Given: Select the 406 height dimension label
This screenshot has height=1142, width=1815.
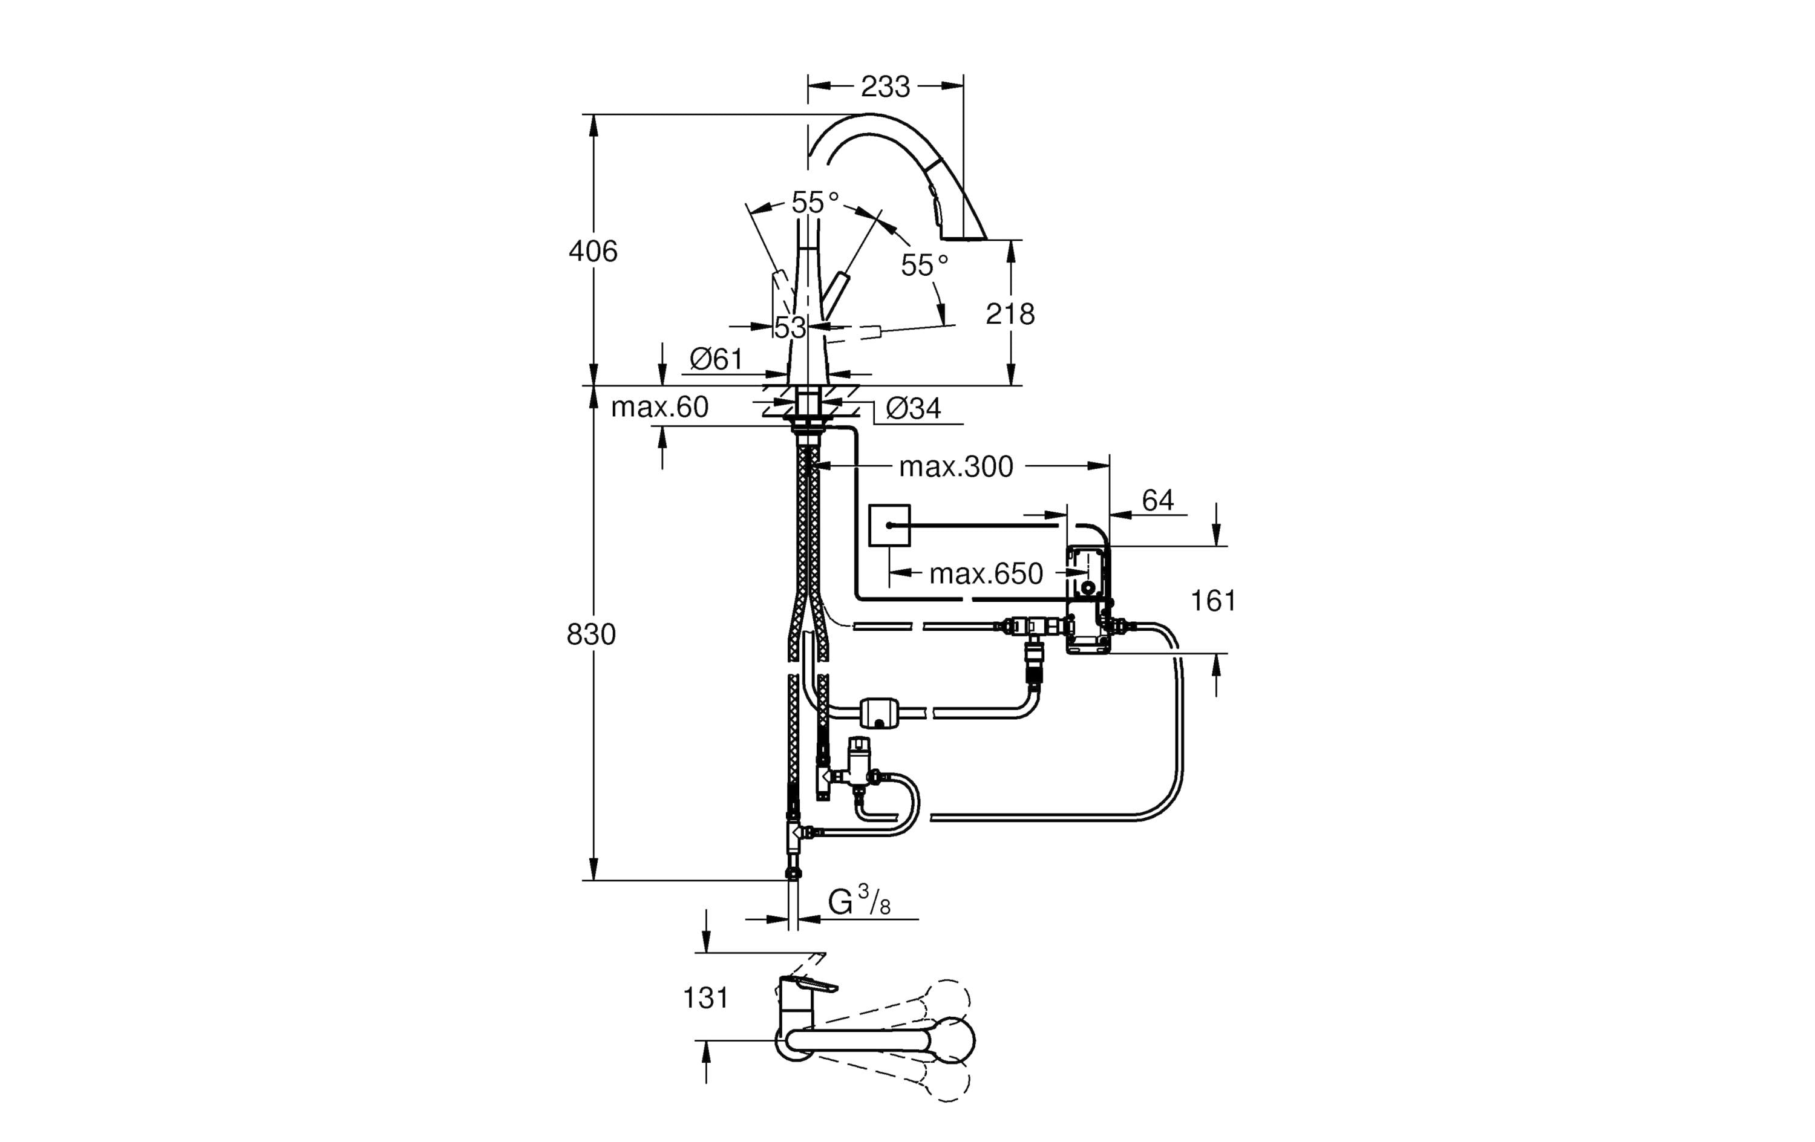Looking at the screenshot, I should click(592, 251).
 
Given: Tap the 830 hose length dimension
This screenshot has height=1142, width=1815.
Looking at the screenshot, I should click(591, 635).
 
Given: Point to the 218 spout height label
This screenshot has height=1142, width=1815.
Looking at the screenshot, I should click(1009, 313).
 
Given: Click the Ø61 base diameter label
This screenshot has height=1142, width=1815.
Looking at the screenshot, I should click(716, 359).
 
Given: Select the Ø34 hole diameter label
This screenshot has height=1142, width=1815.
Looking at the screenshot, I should click(914, 408).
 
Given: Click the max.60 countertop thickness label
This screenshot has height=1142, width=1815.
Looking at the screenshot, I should click(659, 407).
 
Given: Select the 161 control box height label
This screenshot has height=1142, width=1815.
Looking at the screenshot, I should click(1213, 601).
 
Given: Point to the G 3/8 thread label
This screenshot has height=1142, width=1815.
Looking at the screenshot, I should click(858, 901).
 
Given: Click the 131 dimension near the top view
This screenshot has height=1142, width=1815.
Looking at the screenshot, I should click(705, 998).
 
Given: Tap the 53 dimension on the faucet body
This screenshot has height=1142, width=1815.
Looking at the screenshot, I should click(790, 327).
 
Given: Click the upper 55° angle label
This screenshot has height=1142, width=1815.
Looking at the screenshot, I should click(815, 202).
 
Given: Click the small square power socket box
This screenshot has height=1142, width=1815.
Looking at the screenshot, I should click(889, 526).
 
